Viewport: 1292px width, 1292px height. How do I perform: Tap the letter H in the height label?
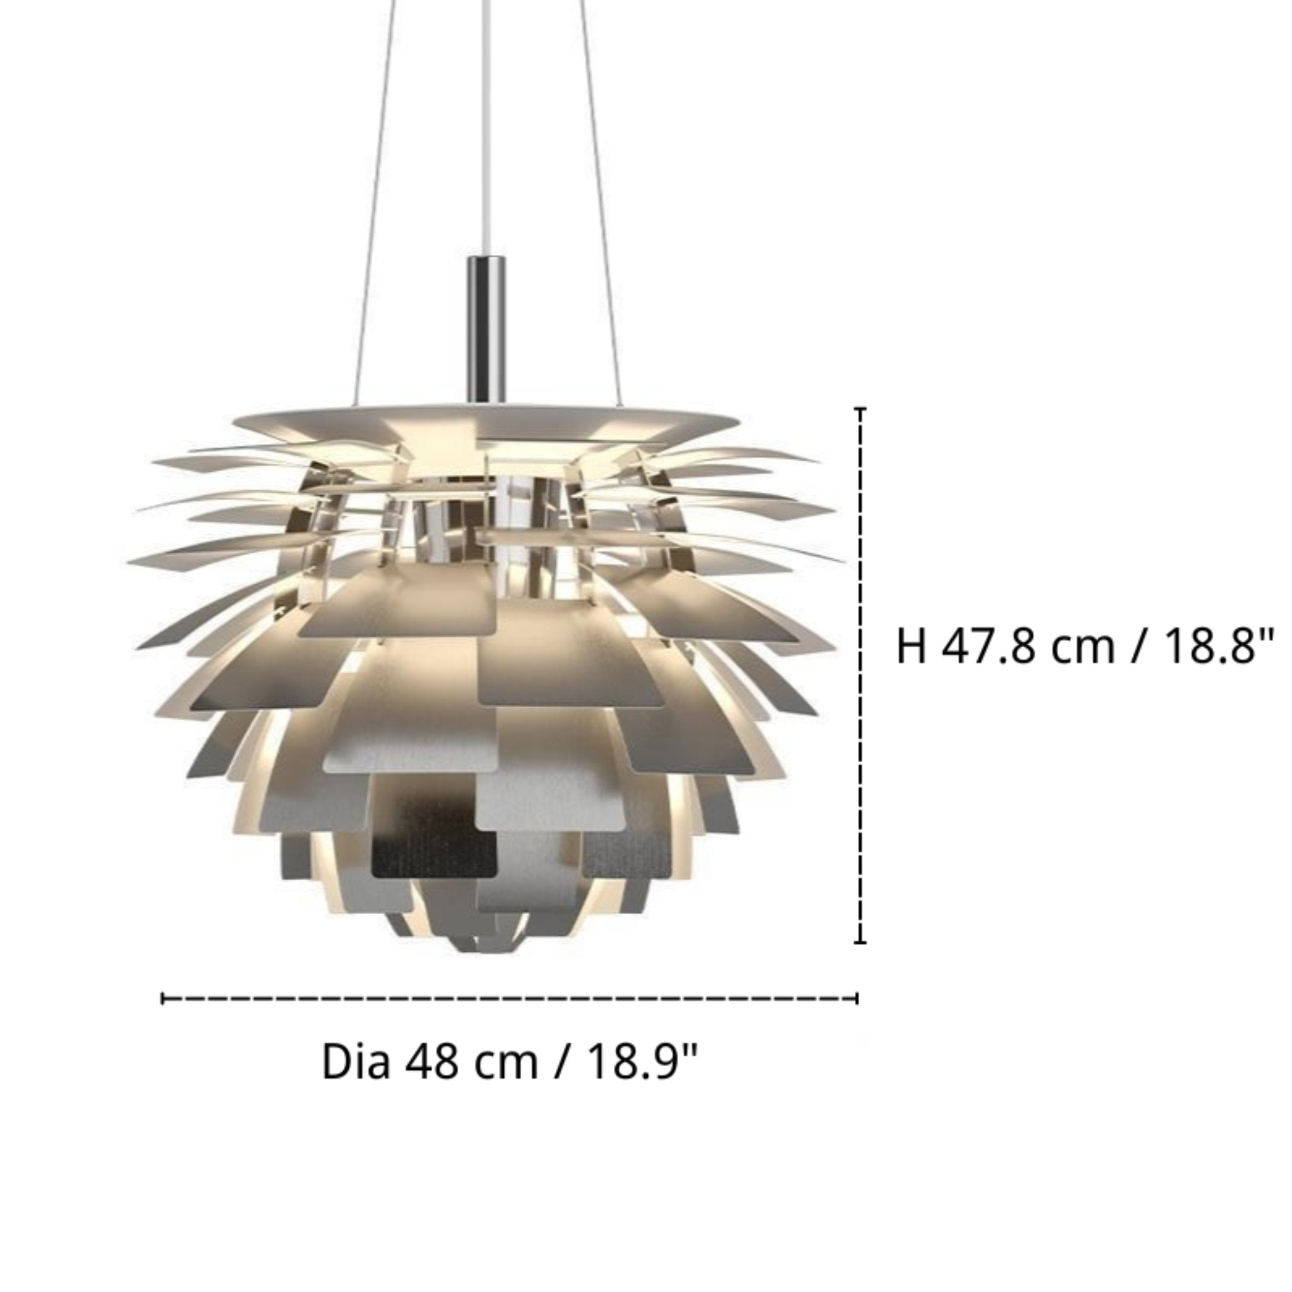(x=911, y=647)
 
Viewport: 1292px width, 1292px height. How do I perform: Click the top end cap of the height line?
(x=860, y=409)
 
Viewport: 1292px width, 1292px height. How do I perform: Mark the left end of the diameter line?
(x=163, y=999)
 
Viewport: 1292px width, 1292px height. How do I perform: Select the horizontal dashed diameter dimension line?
(x=508, y=999)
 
